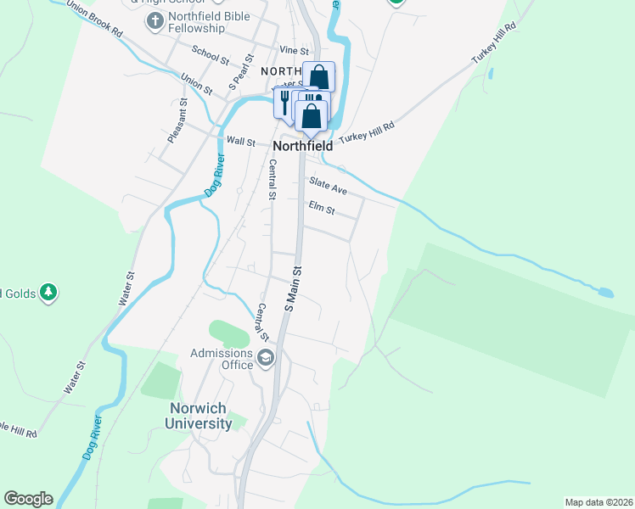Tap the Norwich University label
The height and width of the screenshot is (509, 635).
(x=198, y=416)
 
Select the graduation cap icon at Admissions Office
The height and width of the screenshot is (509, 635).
(x=267, y=358)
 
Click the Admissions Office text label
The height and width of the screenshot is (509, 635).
(x=222, y=359)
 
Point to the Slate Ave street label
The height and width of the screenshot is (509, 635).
(x=328, y=186)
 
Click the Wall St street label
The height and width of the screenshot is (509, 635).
(x=240, y=143)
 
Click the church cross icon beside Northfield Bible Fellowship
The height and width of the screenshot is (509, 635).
(x=154, y=20)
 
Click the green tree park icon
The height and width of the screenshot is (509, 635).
(x=48, y=293)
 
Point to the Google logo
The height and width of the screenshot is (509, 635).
(x=28, y=499)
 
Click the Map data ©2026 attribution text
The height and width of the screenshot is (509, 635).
(x=598, y=502)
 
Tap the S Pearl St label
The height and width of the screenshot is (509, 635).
(x=241, y=74)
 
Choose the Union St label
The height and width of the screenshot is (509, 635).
(x=196, y=84)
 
